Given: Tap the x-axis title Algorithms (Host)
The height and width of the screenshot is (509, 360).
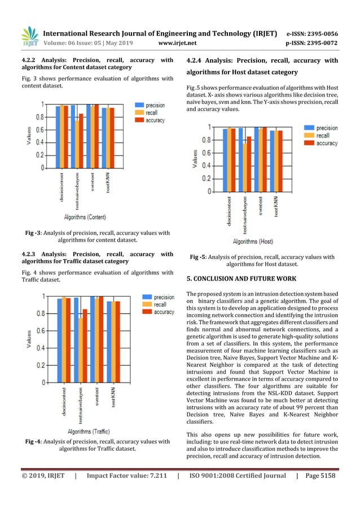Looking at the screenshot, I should (x=253, y=242).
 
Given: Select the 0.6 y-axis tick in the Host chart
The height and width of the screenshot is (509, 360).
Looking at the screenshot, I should (x=208, y=153).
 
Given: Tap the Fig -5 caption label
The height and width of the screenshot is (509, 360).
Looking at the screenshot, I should (x=197, y=257).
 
